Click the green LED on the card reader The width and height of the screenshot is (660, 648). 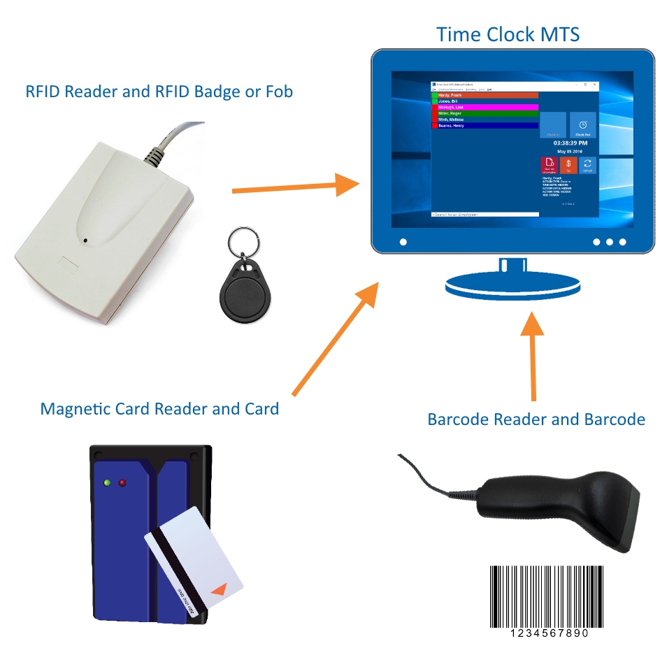pos(107,482)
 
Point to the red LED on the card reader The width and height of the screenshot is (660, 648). pos(122,482)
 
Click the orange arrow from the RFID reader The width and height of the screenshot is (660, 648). pos(294,187)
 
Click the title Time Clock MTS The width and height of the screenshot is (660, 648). pos(508,34)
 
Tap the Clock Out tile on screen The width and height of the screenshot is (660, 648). pos(582,125)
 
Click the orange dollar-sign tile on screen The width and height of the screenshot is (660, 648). pos(568,165)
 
